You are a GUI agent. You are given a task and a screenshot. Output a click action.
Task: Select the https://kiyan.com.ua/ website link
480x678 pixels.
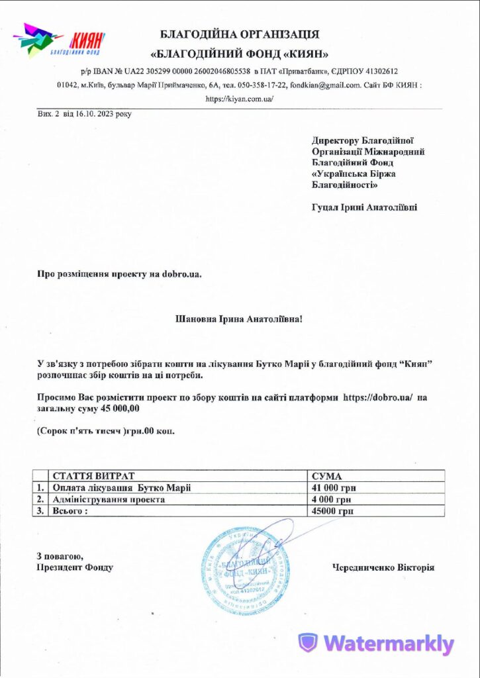pos(240,99)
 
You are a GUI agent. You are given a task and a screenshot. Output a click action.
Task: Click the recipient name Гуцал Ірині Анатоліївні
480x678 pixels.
pos(364,207)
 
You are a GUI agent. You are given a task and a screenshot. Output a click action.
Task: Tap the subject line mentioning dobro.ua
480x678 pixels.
pos(119,273)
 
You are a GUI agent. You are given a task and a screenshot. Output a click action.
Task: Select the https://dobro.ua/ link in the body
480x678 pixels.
pos(378,398)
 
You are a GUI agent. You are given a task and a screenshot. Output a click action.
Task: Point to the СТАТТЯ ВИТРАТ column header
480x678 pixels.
pos(93,476)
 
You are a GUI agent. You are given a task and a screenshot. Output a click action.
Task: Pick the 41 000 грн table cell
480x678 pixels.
pos(334,488)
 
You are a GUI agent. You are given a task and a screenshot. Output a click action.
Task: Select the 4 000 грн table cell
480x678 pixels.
pos(332,500)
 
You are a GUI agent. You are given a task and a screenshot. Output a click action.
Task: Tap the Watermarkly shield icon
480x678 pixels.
pos(308,643)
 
